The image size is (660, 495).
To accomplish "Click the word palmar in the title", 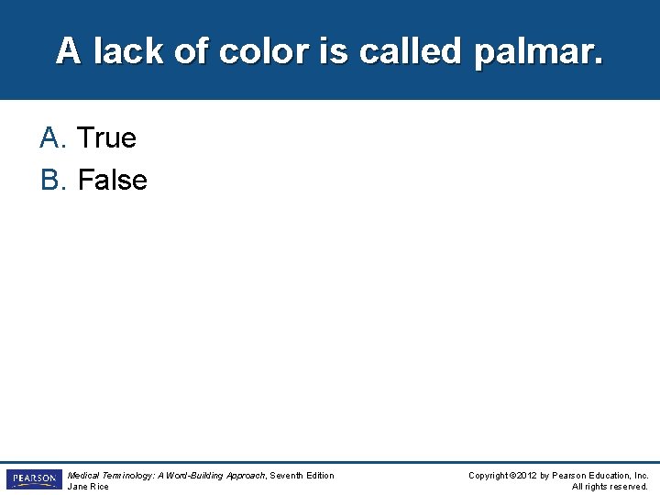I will (539, 52).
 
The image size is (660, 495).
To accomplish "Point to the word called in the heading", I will (412, 51).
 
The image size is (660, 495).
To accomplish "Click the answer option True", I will (106, 138).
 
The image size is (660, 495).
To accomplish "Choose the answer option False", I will (112, 181).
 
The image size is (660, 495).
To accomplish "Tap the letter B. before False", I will (54, 181).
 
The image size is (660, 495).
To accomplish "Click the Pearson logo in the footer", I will (33, 479).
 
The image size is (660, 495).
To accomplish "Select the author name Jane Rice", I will (88, 487).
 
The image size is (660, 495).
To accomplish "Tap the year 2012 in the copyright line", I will (526, 475).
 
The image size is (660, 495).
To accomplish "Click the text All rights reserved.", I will (610, 487).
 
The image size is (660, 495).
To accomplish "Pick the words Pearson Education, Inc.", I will (600, 475).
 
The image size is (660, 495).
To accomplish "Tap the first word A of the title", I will (68, 51).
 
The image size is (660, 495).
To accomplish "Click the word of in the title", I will (191, 51).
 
